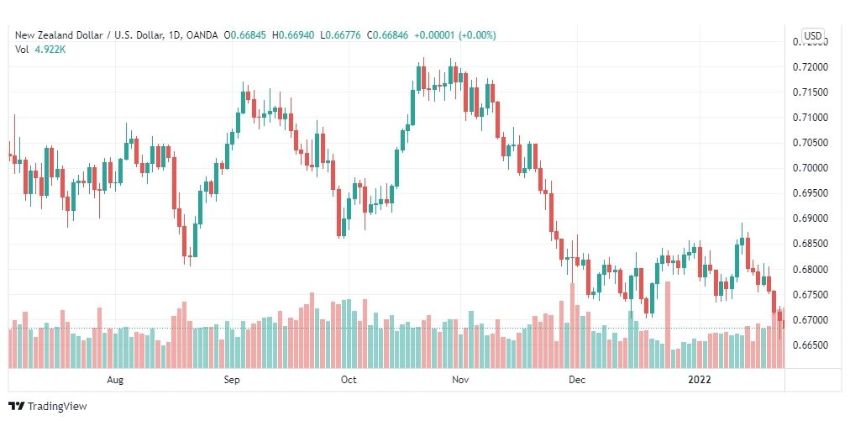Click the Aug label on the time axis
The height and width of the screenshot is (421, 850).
116,380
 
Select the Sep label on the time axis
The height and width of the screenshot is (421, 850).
233,380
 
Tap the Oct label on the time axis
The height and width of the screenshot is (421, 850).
349,380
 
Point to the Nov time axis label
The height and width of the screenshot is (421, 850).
460,380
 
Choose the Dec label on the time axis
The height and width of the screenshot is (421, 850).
576,380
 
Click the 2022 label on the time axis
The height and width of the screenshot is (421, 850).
699,380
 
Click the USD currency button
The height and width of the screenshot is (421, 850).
812,35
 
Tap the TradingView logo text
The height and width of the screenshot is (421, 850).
57,407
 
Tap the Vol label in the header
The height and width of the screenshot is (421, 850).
23,49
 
